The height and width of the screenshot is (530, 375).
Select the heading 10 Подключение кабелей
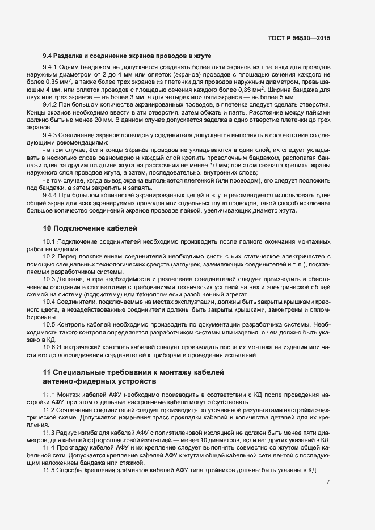pyautogui.click(x=90, y=228)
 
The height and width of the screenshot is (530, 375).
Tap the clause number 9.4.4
pyautogui.click(x=51, y=195)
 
